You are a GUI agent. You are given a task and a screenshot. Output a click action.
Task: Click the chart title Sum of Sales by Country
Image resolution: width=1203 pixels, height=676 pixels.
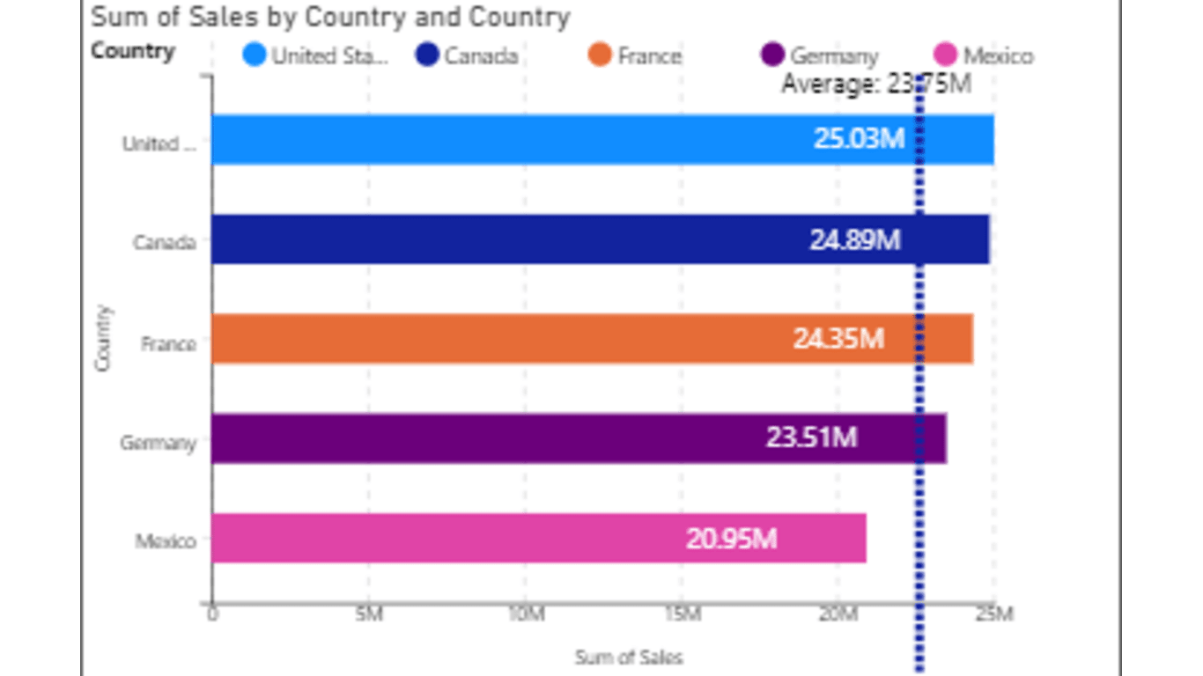pyautogui.click(x=330, y=17)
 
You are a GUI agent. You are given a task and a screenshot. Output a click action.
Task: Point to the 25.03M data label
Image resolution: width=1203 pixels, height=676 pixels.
pyautogui.click(x=859, y=139)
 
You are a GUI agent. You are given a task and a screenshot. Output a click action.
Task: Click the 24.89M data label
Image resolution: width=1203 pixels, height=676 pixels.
pyautogui.click(x=855, y=239)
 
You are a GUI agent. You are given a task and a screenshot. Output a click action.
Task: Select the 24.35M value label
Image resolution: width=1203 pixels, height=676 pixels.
pyautogui.click(x=838, y=339)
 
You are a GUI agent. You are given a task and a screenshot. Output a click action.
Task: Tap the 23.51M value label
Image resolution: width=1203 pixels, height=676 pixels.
pyautogui.click(x=811, y=437)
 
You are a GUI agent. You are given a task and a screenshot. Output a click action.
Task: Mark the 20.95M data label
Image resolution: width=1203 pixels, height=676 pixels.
pyautogui.click(x=731, y=538)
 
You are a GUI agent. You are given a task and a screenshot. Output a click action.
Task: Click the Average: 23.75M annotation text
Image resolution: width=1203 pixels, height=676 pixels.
pyautogui.click(x=876, y=84)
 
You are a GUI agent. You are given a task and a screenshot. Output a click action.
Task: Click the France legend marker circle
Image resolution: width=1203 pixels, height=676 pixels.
pyautogui.click(x=601, y=55)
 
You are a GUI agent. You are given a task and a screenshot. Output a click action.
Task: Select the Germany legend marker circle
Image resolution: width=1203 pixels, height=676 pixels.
pyautogui.click(x=772, y=55)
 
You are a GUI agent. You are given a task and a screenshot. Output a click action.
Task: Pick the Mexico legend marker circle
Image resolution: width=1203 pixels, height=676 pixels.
pyautogui.click(x=946, y=55)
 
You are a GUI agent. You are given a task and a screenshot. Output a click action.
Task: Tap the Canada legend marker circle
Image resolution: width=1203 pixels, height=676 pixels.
pyautogui.click(x=427, y=55)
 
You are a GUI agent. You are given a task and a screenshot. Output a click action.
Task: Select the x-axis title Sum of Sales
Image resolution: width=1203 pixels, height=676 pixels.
pyautogui.click(x=629, y=658)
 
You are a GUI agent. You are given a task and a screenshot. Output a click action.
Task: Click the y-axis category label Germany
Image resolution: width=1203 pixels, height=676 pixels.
pyautogui.click(x=159, y=443)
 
